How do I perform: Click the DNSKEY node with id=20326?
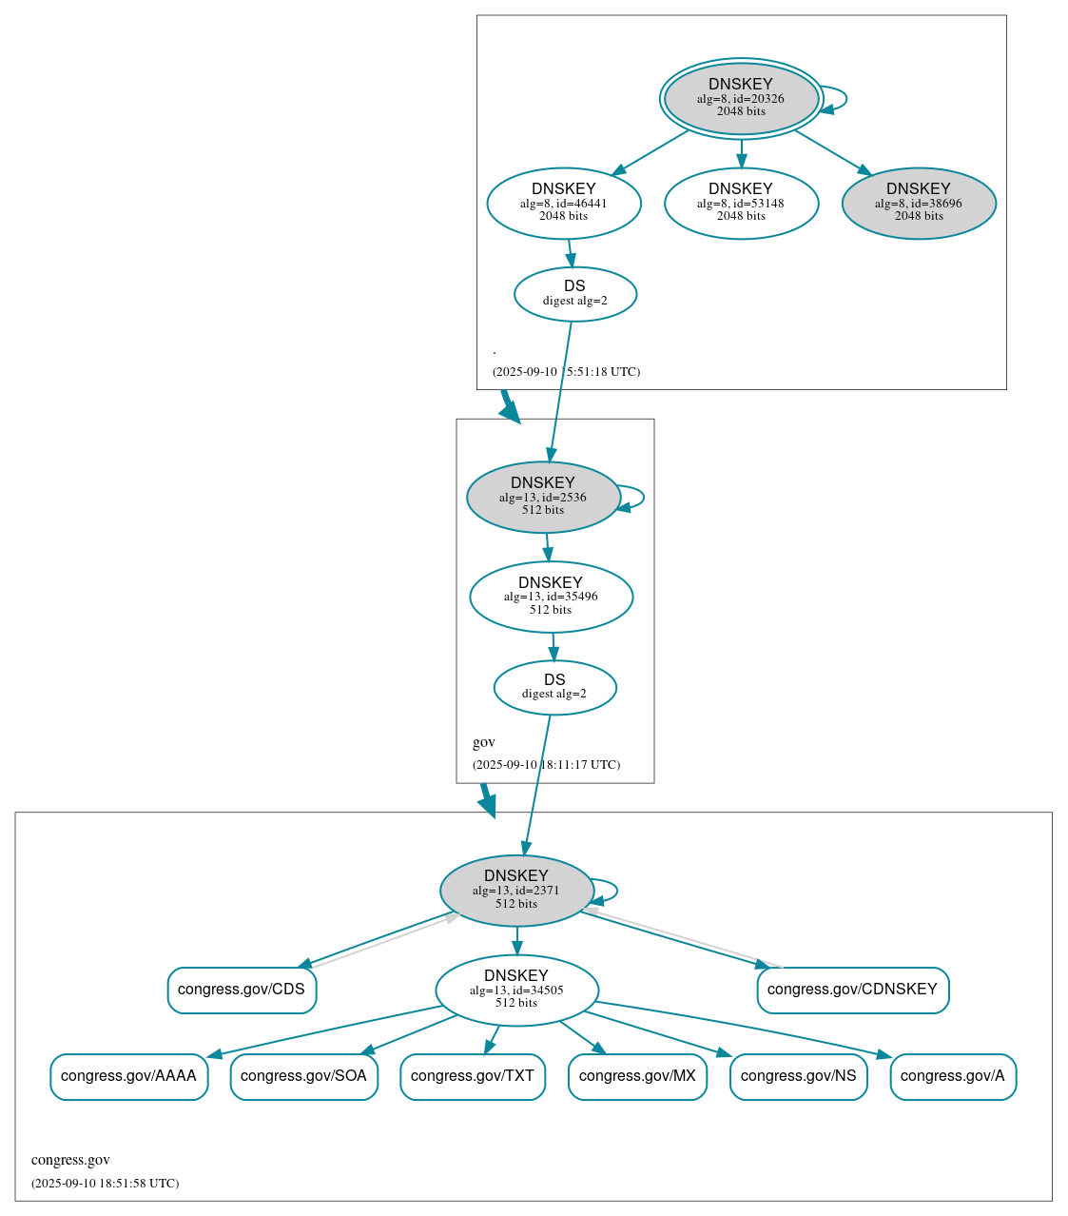741,98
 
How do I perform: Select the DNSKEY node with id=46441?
564,203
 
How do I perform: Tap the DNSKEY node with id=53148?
741,203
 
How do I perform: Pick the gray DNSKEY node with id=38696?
919,203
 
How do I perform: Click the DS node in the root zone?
575,294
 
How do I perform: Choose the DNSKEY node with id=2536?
543,497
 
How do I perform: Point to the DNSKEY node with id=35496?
551,597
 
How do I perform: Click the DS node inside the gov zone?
554,687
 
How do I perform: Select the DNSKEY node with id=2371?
516,891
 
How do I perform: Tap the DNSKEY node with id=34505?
516,990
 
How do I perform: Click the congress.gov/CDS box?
242,990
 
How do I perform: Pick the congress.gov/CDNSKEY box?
852,990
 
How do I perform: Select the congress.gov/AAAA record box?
128,1076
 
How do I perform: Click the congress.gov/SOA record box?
304,1076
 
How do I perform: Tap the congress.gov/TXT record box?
473,1076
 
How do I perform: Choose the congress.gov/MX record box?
637,1076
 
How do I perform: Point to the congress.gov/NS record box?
798,1076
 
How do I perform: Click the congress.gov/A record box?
953,1076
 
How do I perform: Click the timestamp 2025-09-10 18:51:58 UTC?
105,1184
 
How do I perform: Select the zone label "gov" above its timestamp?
484,742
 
